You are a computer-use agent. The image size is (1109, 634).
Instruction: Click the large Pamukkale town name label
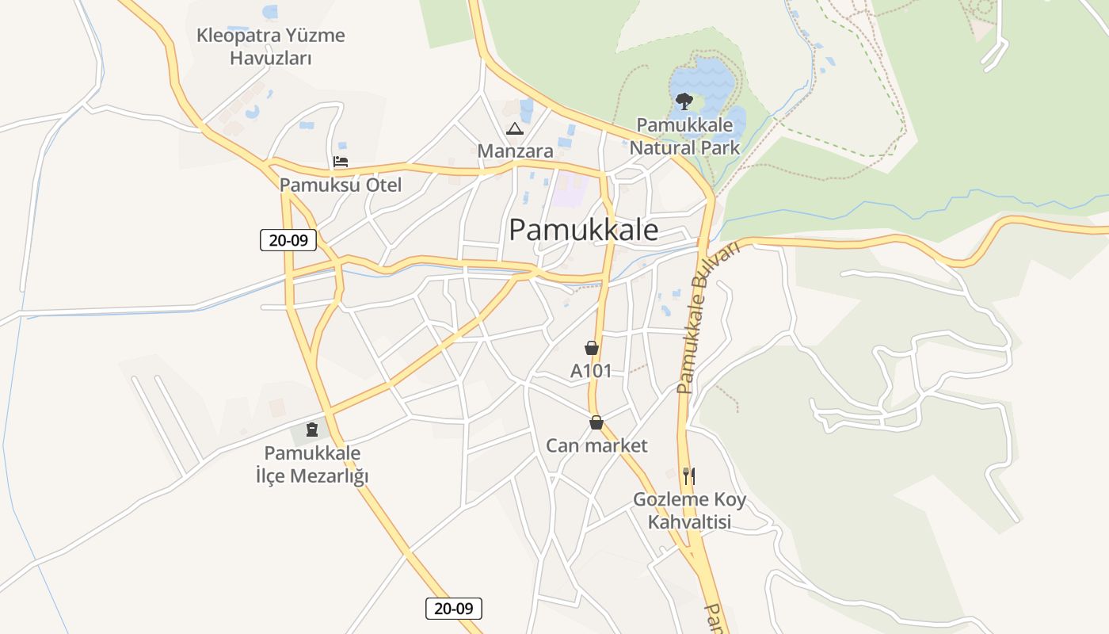pos(583,230)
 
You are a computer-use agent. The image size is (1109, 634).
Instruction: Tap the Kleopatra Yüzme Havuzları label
pos(271,47)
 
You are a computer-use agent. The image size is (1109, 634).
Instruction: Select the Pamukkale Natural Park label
pos(684,136)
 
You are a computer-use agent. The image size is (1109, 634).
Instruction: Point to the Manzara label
pos(515,151)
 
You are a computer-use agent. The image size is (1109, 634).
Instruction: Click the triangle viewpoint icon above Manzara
pos(515,129)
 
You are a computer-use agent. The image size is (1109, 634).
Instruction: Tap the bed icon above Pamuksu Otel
pos(341,162)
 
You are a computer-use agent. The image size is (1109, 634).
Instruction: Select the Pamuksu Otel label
pos(341,185)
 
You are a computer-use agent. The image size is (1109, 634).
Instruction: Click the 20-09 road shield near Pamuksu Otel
pos(288,239)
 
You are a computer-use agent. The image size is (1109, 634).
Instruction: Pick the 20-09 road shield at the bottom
pos(454,609)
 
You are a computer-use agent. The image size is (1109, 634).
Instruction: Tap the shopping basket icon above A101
pos(591,348)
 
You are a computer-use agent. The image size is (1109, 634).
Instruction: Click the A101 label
pos(591,370)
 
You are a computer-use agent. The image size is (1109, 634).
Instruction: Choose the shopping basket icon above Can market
pos(596,423)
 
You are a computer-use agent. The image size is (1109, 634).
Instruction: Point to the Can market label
pos(596,445)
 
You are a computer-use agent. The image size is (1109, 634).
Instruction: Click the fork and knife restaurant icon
pos(689,475)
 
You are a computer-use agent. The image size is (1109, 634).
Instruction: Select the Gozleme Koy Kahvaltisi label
pos(689,511)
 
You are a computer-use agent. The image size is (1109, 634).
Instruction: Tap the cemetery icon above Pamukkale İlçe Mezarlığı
pos(312,430)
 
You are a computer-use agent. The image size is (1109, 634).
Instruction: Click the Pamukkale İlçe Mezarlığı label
pos(312,465)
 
